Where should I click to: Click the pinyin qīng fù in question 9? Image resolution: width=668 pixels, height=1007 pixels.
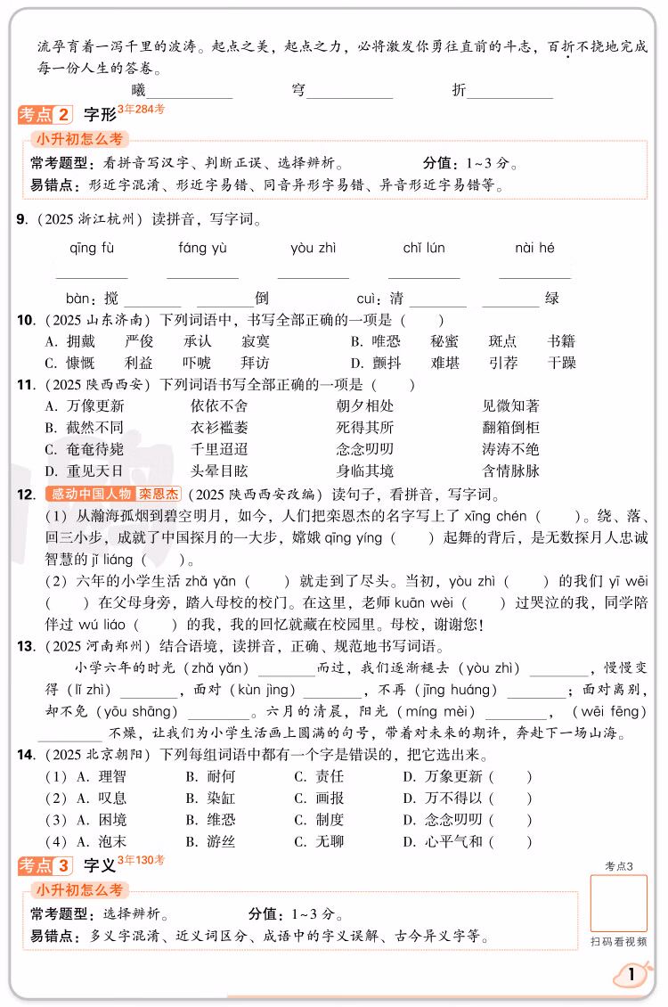[x=92, y=249]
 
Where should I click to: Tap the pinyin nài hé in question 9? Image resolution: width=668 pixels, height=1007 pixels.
[x=534, y=249]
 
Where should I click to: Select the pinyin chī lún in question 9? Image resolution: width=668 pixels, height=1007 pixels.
[x=424, y=249]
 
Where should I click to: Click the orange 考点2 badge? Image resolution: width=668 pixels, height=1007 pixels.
[x=45, y=114]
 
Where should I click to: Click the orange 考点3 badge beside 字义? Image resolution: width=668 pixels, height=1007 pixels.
[x=45, y=864]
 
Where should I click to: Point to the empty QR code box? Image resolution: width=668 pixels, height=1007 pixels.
[x=618, y=903]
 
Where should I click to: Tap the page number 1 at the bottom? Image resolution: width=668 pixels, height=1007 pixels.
[x=632, y=975]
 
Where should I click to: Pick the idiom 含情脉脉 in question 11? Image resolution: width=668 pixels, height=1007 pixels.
[x=510, y=471]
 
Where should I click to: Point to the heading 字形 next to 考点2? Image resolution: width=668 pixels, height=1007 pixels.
[x=100, y=114]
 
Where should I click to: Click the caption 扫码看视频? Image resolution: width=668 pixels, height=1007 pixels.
[x=618, y=941]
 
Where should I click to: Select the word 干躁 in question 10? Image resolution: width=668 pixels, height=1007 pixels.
[x=562, y=363]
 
